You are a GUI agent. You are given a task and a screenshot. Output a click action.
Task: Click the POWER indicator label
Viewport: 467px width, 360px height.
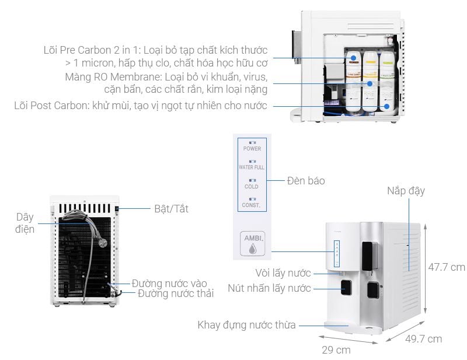click(x=252, y=148)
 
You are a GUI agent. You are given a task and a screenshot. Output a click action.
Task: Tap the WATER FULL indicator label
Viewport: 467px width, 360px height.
click(x=252, y=167)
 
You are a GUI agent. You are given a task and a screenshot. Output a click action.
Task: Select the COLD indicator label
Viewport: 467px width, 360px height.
click(x=252, y=187)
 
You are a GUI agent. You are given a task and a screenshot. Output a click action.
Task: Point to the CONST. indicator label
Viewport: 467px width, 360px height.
click(x=252, y=205)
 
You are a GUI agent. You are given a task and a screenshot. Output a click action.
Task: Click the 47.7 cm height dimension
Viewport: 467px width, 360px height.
click(x=446, y=267)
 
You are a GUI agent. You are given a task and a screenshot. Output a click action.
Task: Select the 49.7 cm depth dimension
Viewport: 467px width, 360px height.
click(x=423, y=338)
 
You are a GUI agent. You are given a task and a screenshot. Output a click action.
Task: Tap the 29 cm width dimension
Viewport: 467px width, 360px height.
click(x=336, y=350)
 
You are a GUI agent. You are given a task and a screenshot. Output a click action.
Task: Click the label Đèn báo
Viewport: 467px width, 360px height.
click(x=305, y=181)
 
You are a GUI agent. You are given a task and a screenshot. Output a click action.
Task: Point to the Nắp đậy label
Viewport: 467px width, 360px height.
click(x=405, y=191)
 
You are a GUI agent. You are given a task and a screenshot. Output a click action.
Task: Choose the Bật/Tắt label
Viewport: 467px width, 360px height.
click(x=171, y=208)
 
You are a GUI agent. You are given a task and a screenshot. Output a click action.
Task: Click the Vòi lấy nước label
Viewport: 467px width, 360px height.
click(x=282, y=272)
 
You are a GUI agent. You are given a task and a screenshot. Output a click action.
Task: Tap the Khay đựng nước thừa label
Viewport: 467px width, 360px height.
click(x=246, y=325)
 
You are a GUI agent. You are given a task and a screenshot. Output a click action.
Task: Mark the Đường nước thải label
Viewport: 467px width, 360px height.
click(x=176, y=293)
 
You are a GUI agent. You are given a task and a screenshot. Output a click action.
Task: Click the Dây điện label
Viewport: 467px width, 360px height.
click(x=25, y=223)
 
